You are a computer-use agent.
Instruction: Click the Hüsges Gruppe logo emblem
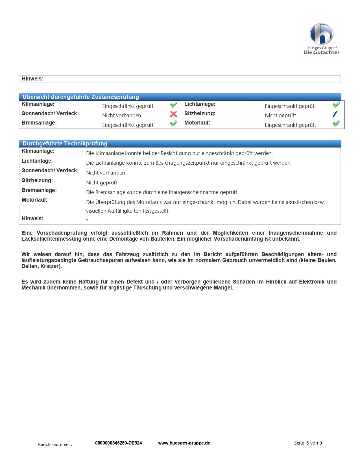pos(321,34)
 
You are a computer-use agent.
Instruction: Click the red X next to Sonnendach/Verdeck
pos(173,114)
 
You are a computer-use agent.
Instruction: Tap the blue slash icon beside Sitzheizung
pos(335,114)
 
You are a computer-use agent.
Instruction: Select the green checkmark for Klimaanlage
pos(173,105)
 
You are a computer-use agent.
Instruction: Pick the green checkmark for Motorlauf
pos(336,123)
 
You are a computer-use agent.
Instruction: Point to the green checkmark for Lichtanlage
pos(336,105)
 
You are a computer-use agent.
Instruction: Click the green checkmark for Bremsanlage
pos(173,123)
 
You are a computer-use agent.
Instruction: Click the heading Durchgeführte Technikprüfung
pos(65,143)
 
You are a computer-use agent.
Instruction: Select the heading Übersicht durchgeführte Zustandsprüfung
pos(81,97)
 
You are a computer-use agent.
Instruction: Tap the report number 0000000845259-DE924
pos(119,443)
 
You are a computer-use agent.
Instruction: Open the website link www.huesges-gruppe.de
pos(184,443)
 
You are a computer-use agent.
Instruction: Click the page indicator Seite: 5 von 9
pos(308,443)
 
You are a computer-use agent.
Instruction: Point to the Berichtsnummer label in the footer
pos(55,444)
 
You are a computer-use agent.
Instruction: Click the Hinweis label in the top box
pos(33,79)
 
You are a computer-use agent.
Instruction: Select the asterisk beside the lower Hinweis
pos(87,220)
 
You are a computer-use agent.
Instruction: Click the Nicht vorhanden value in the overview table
pos(122,115)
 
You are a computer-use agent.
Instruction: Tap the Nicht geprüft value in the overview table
pos(280,115)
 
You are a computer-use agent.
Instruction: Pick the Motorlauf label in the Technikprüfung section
pos(35,200)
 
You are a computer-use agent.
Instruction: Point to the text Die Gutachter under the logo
pos(321,52)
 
